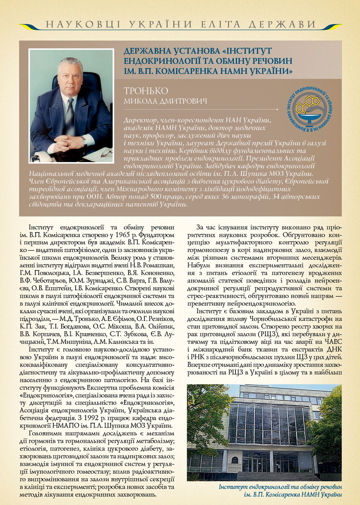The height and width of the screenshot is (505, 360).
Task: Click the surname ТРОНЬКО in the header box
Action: (146, 90)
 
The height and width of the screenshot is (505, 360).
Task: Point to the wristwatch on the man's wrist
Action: (85, 140)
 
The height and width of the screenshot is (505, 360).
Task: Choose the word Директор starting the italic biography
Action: (140, 120)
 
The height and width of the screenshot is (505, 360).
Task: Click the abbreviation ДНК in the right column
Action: (333, 349)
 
